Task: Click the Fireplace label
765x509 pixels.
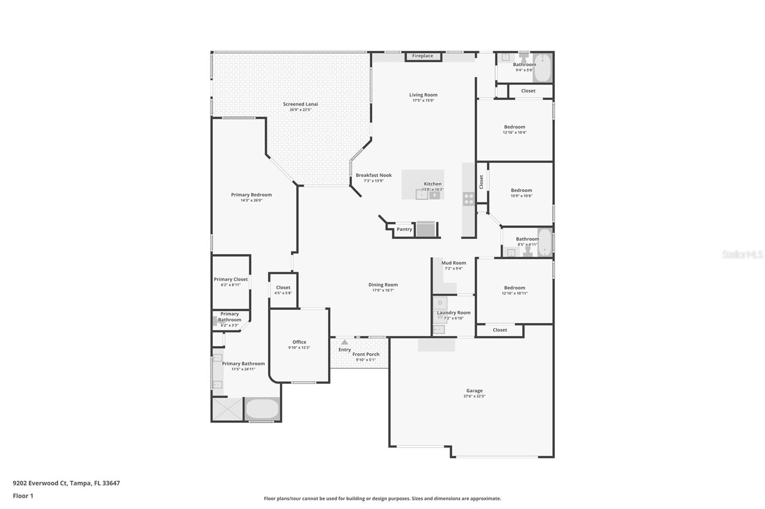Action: coord(423,56)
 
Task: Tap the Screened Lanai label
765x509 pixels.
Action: coord(300,104)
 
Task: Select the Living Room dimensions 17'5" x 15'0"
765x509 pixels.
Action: coord(423,100)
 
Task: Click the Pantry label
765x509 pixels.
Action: coord(404,229)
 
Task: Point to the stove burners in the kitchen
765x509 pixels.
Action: coord(469,199)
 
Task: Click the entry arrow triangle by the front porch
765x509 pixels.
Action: coord(345,342)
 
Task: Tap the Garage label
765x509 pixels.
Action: coord(474,391)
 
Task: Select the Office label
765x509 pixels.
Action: coord(299,342)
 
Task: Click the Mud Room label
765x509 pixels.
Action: coord(453,263)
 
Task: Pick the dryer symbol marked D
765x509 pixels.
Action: coord(440,303)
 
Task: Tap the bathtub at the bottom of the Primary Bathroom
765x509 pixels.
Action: coord(262,410)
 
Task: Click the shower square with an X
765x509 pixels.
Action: coord(228,409)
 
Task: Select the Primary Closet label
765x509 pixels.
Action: coord(230,279)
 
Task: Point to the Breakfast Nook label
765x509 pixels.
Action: coord(373,175)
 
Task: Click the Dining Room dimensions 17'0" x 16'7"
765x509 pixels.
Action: coord(383,290)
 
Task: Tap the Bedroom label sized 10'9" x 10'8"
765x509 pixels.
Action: coord(521,190)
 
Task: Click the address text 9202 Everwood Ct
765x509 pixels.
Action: coord(40,483)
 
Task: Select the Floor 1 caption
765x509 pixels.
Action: coord(23,496)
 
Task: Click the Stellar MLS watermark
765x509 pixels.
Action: coord(742,255)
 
